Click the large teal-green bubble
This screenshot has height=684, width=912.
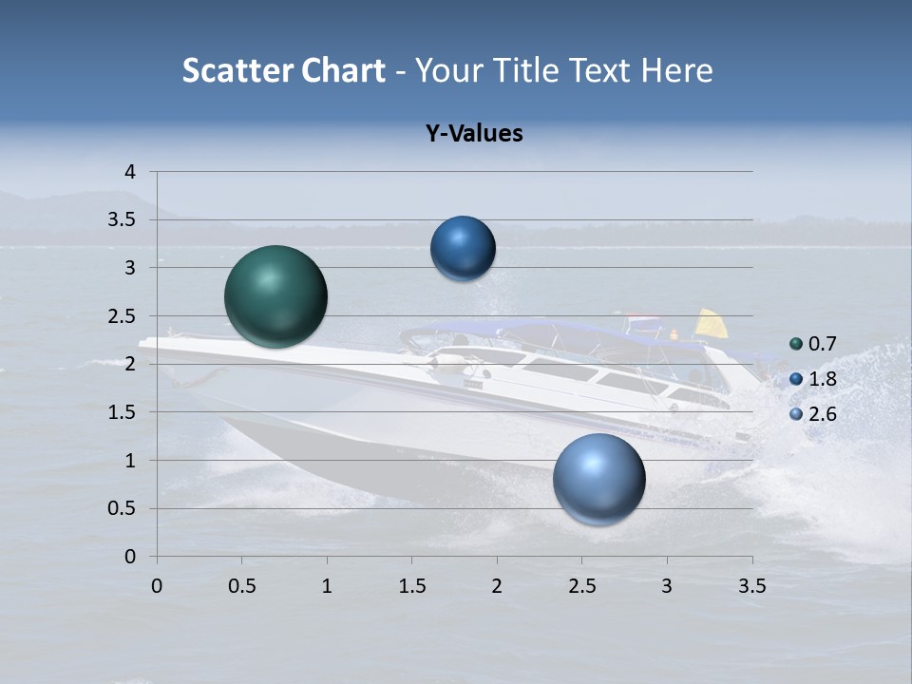click(275, 296)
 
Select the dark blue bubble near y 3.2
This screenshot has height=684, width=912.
click(463, 249)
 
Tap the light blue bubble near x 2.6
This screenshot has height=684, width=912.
click(598, 479)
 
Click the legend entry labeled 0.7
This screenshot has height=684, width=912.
click(822, 344)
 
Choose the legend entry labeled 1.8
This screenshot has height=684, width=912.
click(822, 379)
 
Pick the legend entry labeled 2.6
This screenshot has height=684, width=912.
click(822, 414)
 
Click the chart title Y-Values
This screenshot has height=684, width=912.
click(473, 134)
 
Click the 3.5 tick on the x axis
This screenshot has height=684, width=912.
click(751, 586)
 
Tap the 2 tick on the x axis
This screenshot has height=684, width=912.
click(497, 586)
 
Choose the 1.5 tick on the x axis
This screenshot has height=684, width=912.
click(411, 586)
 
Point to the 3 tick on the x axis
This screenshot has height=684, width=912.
click(667, 586)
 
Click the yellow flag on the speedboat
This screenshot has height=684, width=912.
click(711, 323)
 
